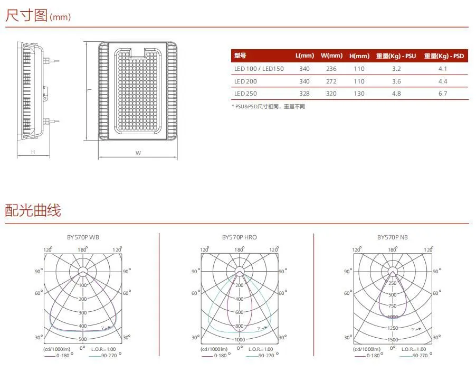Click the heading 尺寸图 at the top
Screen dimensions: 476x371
tap(27, 15)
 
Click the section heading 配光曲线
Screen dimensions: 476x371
tap(33, 210)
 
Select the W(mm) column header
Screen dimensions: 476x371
tap(331, 55)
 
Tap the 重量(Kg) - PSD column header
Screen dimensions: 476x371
tap(444, 56)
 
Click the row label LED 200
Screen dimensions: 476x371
tap(245, 81)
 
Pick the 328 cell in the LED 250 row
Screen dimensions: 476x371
tap(304, 94)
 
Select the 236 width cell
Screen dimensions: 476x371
tap(331, 69)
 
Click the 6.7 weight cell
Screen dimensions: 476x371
tap(443, 94)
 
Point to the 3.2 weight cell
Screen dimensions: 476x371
tap(396, 69)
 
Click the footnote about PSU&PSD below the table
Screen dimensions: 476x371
tap(269, 106)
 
